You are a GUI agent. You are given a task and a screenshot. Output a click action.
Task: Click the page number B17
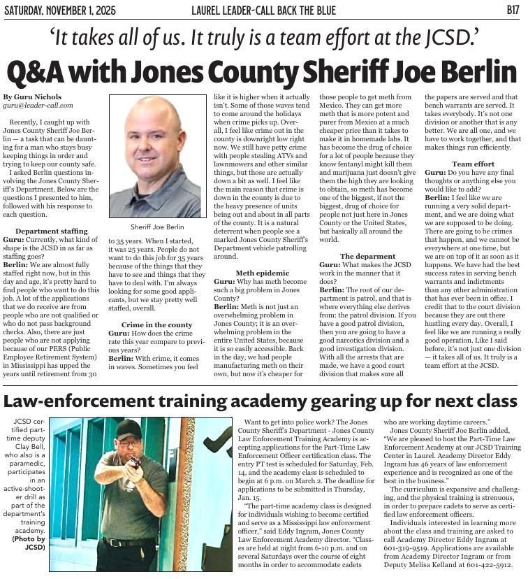click(511, 10)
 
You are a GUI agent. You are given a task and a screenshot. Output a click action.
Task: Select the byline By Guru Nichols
click(32, 96)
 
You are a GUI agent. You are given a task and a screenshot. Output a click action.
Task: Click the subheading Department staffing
click(52, 231)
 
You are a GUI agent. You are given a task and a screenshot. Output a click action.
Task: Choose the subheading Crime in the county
click(156, 325)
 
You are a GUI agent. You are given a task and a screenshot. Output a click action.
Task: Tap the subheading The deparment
click(367, 257)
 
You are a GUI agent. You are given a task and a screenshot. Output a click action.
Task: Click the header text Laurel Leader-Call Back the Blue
click(263, 10)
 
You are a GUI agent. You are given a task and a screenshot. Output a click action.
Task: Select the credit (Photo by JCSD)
click(29, 542)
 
